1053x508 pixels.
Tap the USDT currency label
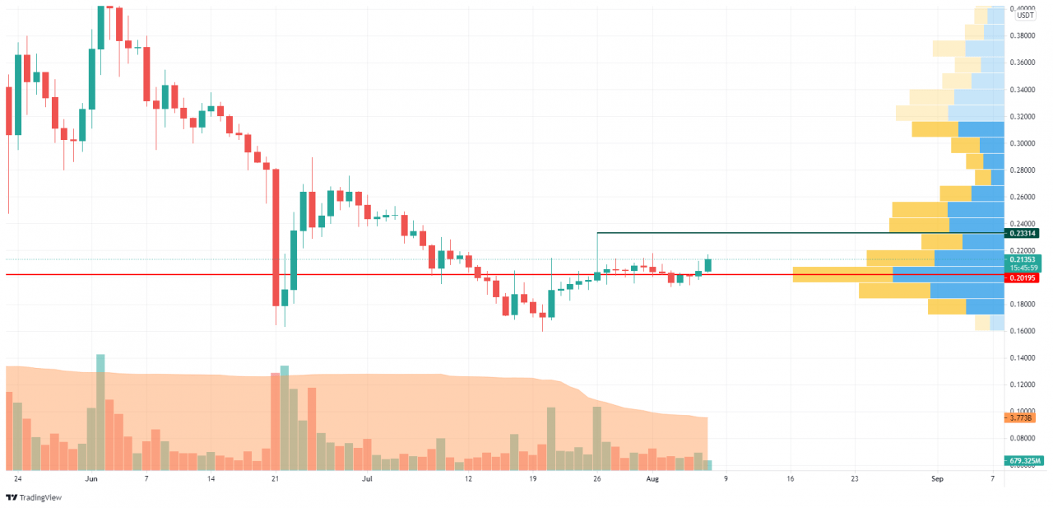(x=1025, y=16)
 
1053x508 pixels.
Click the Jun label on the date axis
(x=91, y=478)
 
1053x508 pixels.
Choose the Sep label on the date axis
(x=937, y=478)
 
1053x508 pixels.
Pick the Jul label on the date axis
(x=368, y=478)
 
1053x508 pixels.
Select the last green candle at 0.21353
(x=707, y=265)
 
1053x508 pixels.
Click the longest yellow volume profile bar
(x=842, y=274)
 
